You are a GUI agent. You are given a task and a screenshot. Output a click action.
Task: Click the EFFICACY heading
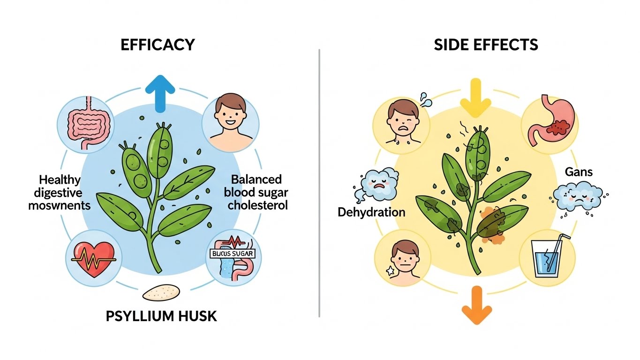click(158, 45)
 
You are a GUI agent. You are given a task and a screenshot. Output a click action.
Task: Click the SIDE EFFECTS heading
click(485, 45)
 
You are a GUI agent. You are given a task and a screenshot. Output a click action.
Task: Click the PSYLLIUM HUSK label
click(161, 315)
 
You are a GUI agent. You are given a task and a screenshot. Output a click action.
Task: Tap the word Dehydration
click(371, 212)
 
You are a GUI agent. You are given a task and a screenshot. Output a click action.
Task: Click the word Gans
click(579, 172)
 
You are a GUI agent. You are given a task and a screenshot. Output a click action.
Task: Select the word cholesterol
click(259, 205)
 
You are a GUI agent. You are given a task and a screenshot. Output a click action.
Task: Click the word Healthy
click(60, 180)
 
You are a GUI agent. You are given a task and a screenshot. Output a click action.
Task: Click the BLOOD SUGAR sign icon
click(232, 254)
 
